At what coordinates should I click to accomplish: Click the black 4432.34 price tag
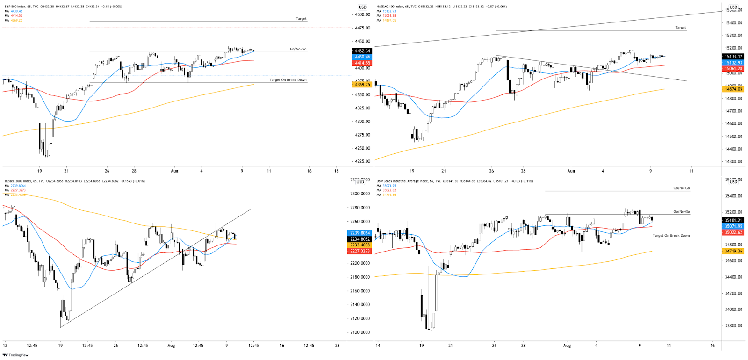tap(362, 51)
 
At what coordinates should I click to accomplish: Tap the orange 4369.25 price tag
tap(362, 85)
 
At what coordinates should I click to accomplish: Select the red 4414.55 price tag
tap(362, 63)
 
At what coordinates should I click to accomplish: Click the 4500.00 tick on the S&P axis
tap(362, 14)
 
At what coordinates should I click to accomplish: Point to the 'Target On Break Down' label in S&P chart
tap(288, 80)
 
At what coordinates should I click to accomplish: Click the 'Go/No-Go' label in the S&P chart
tap(298, 49)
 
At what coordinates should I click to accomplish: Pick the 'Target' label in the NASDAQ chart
tap(680, 28)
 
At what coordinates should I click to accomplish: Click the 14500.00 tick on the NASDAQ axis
tap(733, 137)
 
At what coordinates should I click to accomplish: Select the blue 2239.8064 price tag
tap(360, 233)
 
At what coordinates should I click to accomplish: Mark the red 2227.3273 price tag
tap(360, 251)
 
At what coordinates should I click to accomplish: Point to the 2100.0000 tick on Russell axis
tap(360, 332)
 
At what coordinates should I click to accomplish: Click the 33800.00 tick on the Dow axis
tap(733, 325)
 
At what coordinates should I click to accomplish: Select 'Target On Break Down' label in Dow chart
tap(671, 236)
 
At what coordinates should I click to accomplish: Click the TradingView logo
tap(15, 355)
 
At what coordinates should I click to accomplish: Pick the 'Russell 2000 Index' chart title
tap(16, 181)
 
